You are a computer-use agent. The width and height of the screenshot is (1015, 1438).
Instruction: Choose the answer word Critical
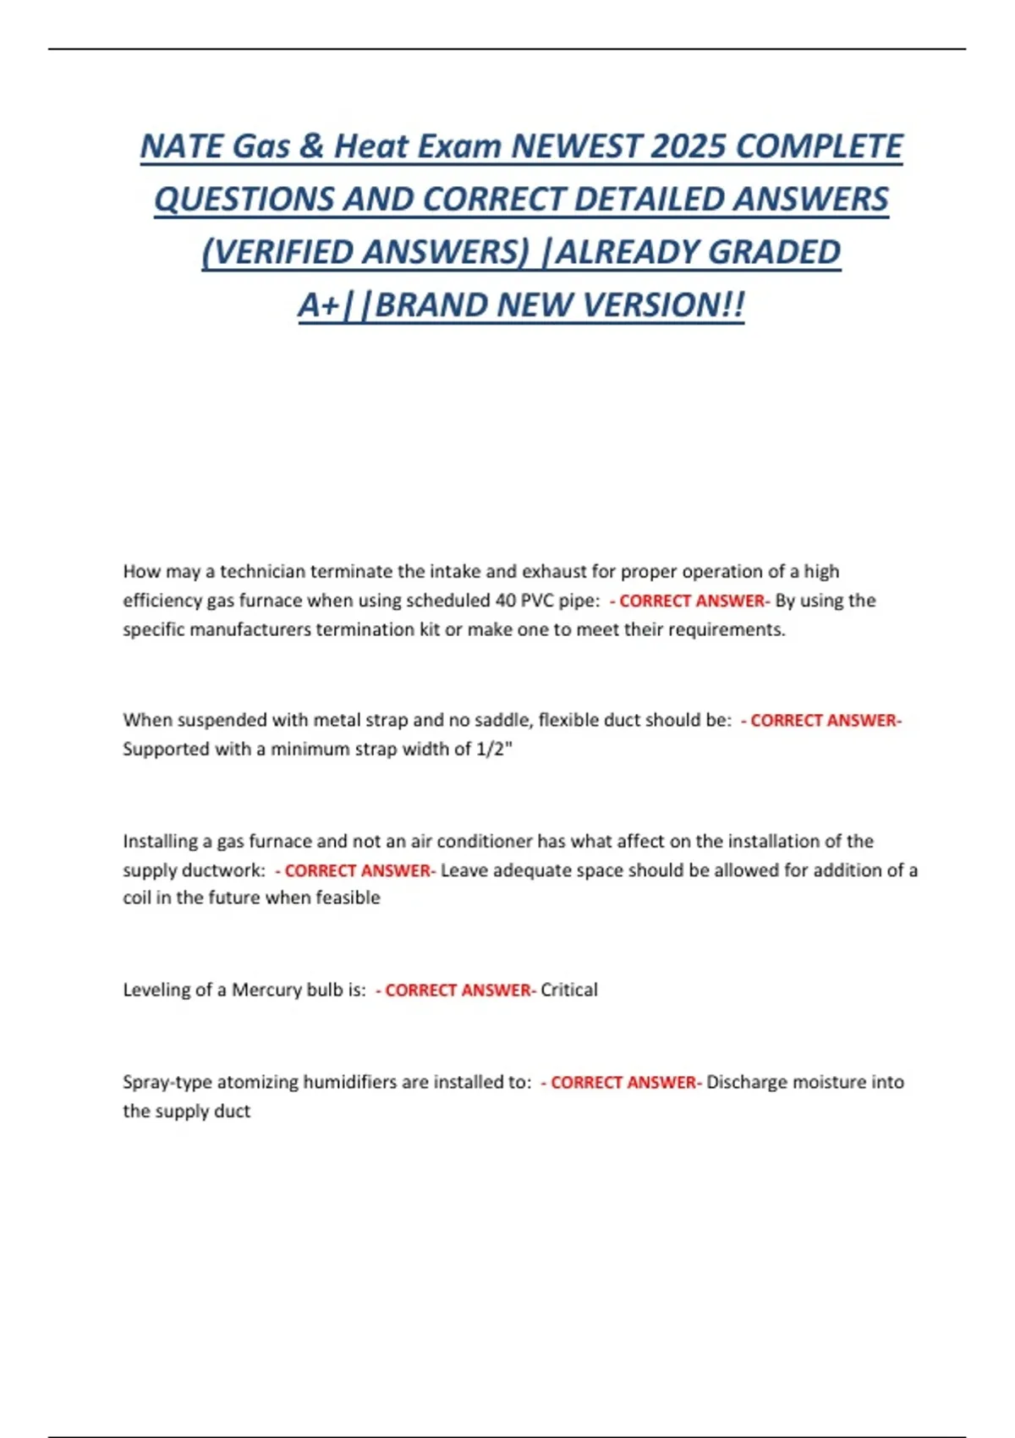[x=569, y=990]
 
